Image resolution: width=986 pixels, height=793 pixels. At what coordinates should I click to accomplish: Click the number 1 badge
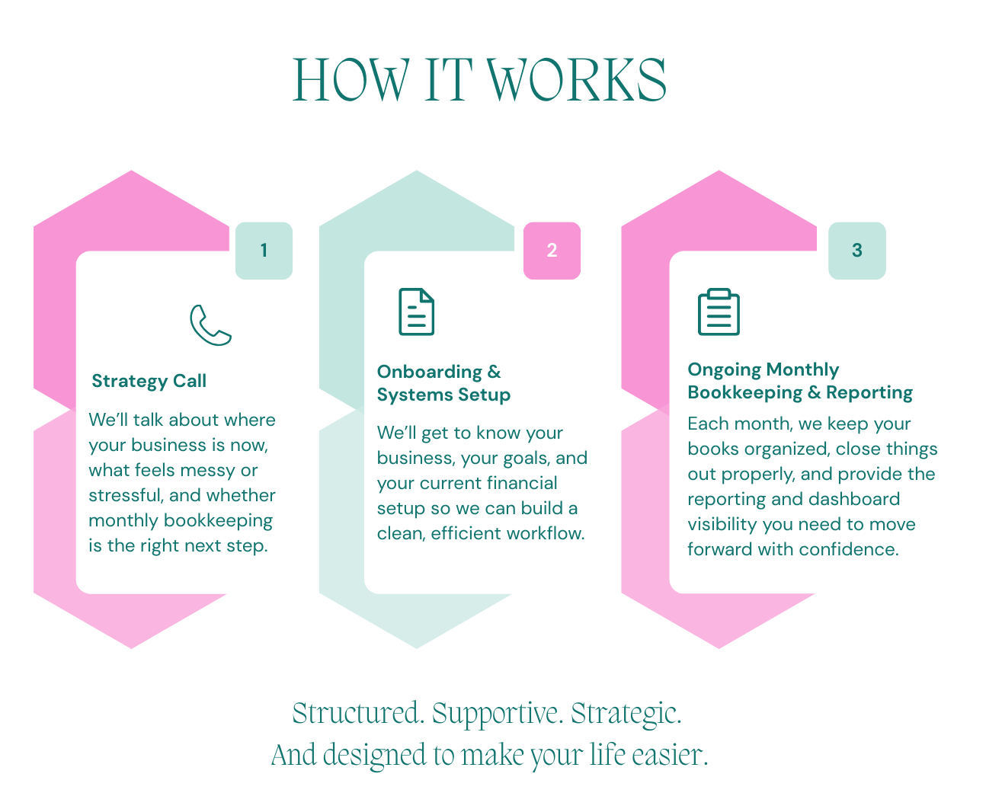click(x=264, y=251)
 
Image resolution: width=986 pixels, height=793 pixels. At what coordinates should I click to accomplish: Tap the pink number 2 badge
click(x=552, y=251)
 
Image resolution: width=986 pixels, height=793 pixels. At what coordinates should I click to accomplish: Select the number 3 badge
click(x=857, y=251)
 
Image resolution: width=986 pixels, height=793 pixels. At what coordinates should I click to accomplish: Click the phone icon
click(x=211, y=325)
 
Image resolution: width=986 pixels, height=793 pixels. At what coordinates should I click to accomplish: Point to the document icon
click(x=417, y=312)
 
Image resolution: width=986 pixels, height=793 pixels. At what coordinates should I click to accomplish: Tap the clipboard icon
click(x=719, y=312)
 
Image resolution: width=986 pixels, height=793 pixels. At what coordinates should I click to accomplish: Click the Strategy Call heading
click(x=149, y=381)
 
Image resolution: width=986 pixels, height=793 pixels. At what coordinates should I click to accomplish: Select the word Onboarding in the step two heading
click(x=430, y=372)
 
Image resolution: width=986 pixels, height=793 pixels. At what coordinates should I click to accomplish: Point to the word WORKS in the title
click(x=575, y=80)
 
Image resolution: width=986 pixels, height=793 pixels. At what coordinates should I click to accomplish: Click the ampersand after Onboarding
click(x=495, y=372)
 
